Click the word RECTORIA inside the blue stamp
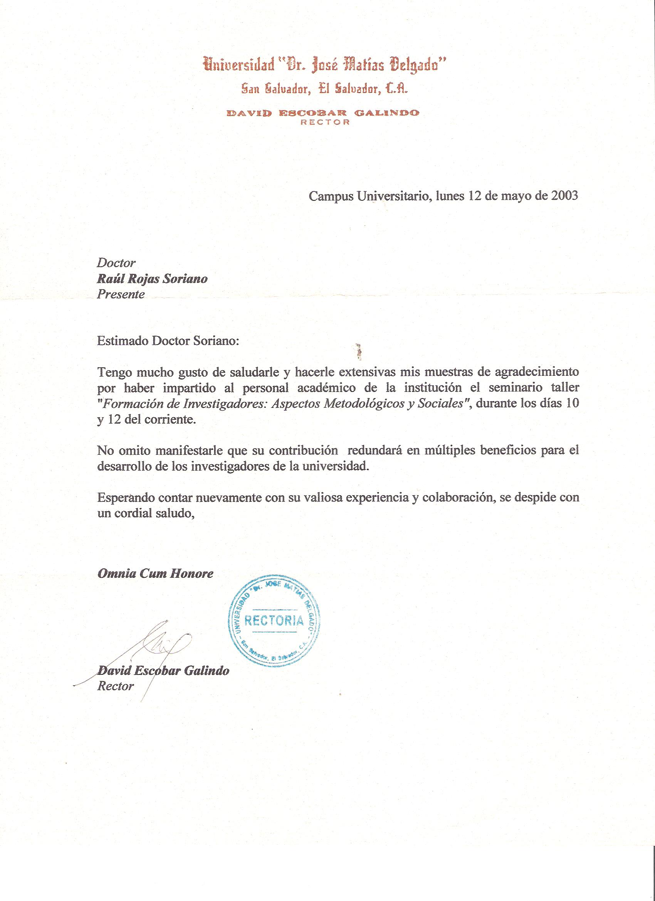point(274,620)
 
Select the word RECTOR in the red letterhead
point(325,123)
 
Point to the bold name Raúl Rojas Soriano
point(152,279)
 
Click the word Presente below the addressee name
point(121,294)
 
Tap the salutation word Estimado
point(120,341)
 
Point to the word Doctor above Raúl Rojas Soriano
point(116,263)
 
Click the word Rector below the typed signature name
point(116,686)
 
